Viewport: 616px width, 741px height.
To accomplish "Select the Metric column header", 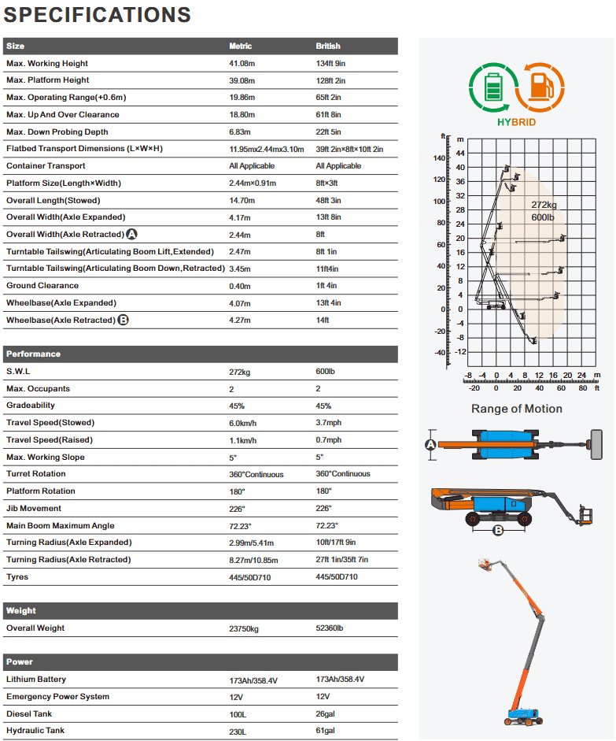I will click(240, 46).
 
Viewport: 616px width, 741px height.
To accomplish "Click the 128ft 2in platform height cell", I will click(330, 80).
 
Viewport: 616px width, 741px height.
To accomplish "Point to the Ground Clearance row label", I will click(42, 286).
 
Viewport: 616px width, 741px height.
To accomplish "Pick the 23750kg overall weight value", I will click(244, 628).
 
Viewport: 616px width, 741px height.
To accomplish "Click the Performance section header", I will click(33, 354).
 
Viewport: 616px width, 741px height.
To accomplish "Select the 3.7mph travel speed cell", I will click(329, 423).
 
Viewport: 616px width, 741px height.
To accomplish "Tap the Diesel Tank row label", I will click(30, 714).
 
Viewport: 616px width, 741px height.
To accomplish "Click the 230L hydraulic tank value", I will click(238, 732).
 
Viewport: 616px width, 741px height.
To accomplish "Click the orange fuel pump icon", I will click(540, 86).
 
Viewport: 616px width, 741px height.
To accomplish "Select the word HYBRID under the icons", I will click(516, 123).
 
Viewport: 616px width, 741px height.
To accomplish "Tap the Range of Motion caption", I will click(517, 409).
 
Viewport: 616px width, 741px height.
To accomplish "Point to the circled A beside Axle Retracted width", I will click(131, 235).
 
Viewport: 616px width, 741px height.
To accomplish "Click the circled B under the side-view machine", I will click(498, 531).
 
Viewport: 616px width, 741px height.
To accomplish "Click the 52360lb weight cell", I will click(330, 628).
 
